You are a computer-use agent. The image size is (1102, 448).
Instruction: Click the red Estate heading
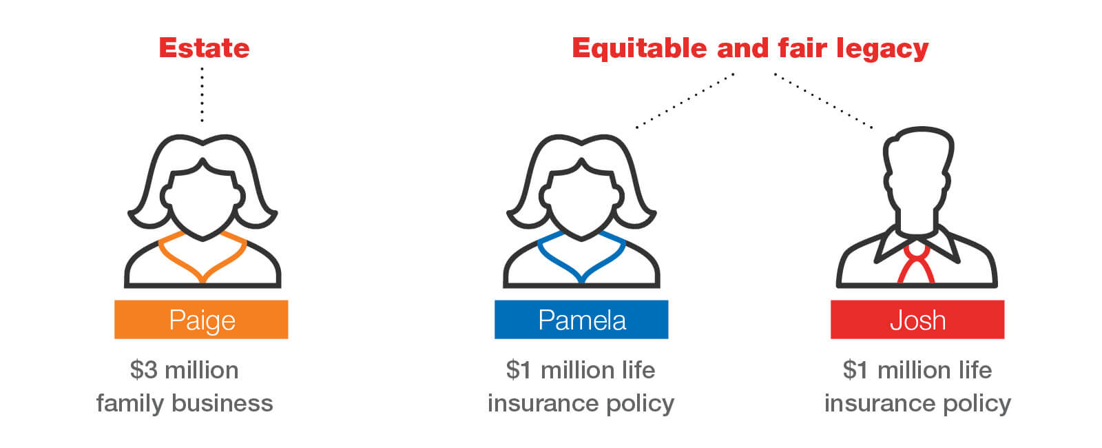click(204, 48)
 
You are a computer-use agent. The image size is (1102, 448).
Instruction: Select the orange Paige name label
click(201, 320)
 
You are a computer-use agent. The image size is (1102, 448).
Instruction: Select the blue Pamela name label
click(581, 320)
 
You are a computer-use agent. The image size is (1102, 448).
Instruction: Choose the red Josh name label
click(917, 320)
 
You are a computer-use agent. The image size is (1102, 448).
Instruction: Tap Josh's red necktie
click(916, 265)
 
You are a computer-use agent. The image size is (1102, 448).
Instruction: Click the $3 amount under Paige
click(144, 370)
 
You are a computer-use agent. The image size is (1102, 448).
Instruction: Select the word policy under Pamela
click(640, 403)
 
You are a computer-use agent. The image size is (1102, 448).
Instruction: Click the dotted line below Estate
click(202, 95)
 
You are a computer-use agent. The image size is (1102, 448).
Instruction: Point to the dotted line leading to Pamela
click(685, 101)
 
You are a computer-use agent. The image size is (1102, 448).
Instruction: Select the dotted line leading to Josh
click(824, 101)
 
